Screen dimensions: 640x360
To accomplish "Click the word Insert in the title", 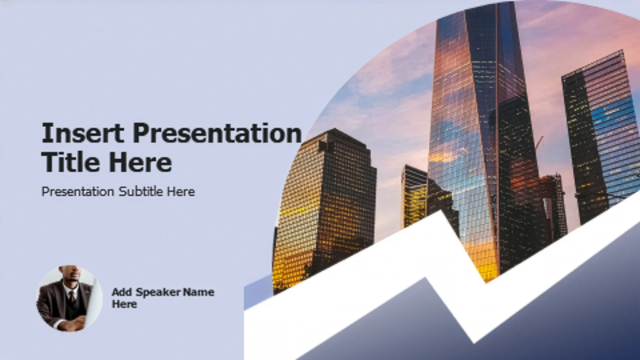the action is click(x=83, y=133).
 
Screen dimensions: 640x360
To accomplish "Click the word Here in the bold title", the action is click(x=140, y=162).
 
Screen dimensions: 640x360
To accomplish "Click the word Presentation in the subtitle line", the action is click(x=78, y=192).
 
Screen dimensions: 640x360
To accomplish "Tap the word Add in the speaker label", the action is click(x=122, y=292).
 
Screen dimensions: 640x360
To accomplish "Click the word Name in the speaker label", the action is click(x=199, y=292).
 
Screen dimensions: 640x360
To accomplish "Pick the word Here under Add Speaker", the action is click(x=124, y=304).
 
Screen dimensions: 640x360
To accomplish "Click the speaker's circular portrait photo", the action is click(x=69, y=298).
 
